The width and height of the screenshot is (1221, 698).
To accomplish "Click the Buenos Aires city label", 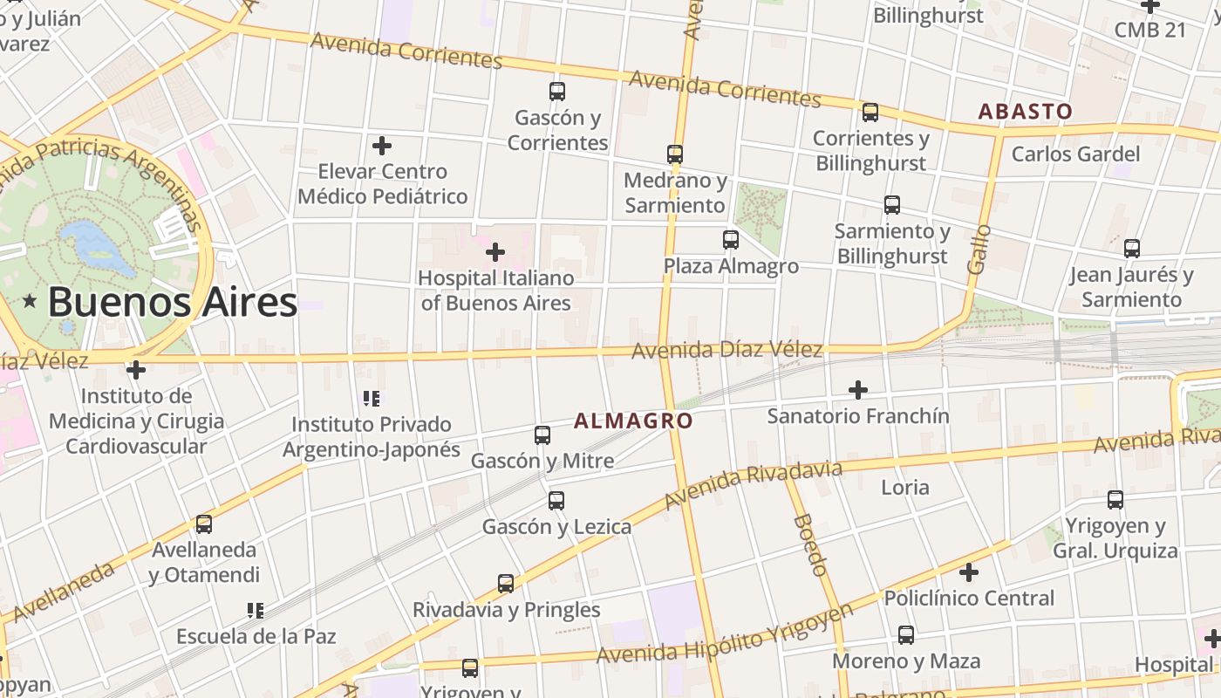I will pos(172,303).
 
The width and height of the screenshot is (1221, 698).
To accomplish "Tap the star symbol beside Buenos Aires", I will pos(31,302).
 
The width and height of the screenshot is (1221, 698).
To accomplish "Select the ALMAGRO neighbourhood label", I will pos(633,421).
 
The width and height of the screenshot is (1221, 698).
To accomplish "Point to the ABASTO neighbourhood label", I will pos(1025,112).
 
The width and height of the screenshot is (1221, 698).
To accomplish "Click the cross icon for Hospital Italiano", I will pos(495,253).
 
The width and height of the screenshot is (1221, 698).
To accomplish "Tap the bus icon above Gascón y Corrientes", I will pos(557,91).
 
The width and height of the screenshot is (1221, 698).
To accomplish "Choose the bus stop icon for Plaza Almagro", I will pos(731,239).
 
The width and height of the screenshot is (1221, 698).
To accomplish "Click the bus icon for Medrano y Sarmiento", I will pos(674,154).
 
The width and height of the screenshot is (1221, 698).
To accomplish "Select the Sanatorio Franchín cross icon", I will pos(858,390).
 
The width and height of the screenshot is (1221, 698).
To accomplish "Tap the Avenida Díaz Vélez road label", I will pos(726,351).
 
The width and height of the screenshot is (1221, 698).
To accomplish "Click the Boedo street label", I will pos(809,545).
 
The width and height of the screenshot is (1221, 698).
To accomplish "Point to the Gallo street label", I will pos(979,250).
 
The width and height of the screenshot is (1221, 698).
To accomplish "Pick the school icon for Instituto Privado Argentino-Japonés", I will pos(372,399).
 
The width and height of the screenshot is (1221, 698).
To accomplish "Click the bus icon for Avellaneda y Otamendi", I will pos(204,523).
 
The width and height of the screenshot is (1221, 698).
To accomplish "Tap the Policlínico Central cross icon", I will pos(969,573).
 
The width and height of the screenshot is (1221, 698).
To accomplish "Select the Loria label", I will pos(904,488).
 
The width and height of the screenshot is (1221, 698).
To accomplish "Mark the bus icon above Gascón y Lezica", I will pos(556,501).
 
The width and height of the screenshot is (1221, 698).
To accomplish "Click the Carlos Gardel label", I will pos(1075,154).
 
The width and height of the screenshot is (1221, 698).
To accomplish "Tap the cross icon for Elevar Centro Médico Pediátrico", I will pos(382,146).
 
